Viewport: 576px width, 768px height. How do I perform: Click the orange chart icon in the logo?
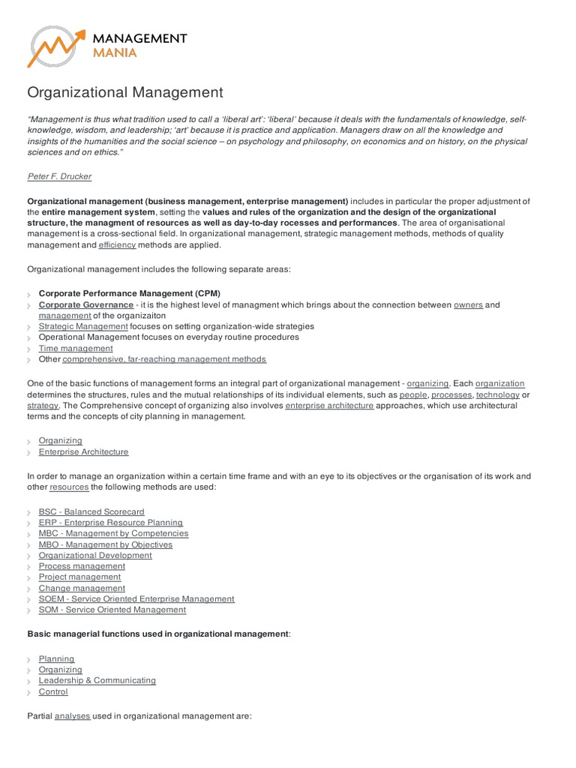click(55, 47)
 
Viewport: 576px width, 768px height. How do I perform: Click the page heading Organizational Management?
click(125, 92)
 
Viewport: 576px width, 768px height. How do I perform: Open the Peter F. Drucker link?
click(59, 176)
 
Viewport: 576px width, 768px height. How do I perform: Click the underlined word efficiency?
click(117, 245)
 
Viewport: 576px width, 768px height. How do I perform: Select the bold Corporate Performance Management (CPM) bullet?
click(130, 293)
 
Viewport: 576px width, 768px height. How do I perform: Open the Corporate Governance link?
click(86, 305)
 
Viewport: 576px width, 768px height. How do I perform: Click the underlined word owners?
click(468, 305)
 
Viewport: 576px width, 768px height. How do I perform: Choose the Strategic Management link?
click(83, 327)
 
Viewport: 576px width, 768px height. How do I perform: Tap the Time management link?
click(76, 349)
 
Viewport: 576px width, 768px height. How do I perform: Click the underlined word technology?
click(497, 394)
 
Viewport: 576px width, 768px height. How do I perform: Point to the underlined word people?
click(413, 394)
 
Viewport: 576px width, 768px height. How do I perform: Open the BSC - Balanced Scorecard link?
click(91, 512)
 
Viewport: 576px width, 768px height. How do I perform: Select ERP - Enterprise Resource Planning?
click(110, 523)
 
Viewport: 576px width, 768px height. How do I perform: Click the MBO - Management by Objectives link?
click(105, 544)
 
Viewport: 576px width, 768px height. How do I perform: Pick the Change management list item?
click(82, 589)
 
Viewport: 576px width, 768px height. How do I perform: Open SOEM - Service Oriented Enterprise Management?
click(136, 599)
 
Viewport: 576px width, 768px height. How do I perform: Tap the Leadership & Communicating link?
click(97, 681)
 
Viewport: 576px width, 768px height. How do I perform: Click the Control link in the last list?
click(53, 692)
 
